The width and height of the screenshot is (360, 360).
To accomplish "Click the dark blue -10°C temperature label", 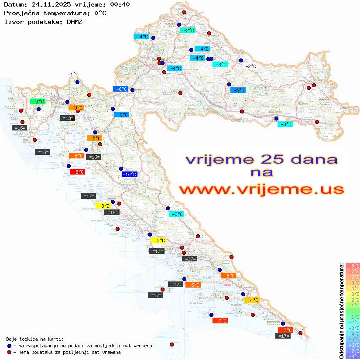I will (x=130, y=175).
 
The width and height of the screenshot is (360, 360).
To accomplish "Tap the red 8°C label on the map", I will (x=77, y=172).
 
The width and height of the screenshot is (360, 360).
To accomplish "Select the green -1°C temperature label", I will (x=38, y=102).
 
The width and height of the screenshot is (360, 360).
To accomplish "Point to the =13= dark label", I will (x=67, y=118).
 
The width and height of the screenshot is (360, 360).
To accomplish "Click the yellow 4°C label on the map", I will (x=252, y=300).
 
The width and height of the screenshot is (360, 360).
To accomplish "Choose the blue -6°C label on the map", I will (x=121, y=89).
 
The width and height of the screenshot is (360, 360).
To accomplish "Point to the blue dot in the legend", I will (x=9, y=346).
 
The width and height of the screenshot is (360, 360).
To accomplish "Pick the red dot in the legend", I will (x=9, y=352).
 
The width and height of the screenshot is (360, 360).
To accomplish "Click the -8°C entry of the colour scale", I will (x=353, y=356).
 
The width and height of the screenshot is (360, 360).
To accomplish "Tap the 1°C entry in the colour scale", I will (x=353, y=305).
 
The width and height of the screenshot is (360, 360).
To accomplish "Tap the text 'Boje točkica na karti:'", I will (x=35, y=339).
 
